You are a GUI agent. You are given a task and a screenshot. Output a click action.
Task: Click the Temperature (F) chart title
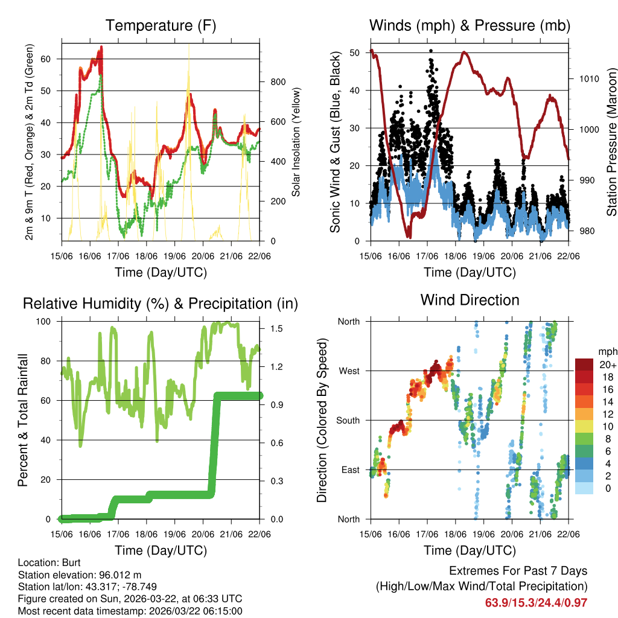(x=161, y=25)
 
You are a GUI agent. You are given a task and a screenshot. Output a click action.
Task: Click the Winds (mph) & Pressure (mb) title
(x=470, y=25)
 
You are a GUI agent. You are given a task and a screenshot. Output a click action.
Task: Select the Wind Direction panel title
(x=470, y=300)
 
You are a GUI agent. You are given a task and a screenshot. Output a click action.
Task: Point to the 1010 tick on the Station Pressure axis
(x=587, y=78)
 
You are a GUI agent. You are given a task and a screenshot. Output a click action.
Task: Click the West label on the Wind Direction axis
(x=348, y=371)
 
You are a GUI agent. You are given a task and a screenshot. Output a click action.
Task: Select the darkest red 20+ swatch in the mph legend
(x=584, y=364)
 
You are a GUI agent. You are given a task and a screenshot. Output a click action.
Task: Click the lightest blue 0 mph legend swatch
(x=584, y=488)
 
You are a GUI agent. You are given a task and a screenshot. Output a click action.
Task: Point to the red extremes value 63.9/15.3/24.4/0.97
(x=536, y=603)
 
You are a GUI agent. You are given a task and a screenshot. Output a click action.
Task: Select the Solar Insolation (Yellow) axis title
(x=296, y=142)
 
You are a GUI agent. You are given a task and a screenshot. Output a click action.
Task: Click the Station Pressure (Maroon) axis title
(x=611, y=142)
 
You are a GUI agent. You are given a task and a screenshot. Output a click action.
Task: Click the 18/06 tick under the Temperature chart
(x=147, y=256)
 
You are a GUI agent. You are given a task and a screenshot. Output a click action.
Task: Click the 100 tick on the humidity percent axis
(x=48, y=321)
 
